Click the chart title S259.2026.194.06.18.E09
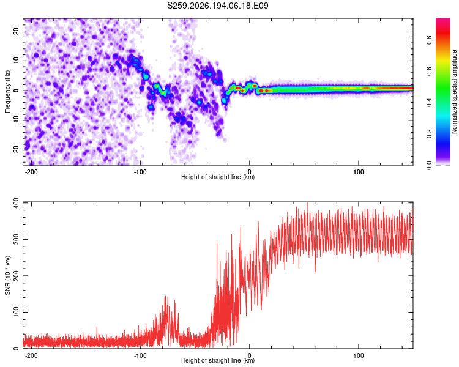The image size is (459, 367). point(217,6)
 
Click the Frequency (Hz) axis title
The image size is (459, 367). point(7,92)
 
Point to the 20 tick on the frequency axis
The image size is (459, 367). point(17,31)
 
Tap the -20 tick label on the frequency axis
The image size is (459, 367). point(17,150)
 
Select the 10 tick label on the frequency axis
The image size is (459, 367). point(17,61)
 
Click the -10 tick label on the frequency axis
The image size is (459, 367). point(17,120)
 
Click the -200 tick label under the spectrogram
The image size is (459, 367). point(31,172)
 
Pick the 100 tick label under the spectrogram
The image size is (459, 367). point(358,172)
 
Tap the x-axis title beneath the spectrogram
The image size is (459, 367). point(218,177)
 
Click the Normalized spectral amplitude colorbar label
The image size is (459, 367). point(454,92)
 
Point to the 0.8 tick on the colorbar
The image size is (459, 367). point(430,40)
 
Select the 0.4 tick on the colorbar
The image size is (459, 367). point(430,102)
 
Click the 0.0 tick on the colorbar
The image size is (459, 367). point(430,165)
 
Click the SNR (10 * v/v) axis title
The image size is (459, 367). point(7,275)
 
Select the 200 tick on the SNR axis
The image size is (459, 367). point(17,276)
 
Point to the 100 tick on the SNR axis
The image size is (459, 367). point(17,312)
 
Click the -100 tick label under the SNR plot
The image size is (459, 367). point(140,355)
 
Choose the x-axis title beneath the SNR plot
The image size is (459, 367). point(218,360)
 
